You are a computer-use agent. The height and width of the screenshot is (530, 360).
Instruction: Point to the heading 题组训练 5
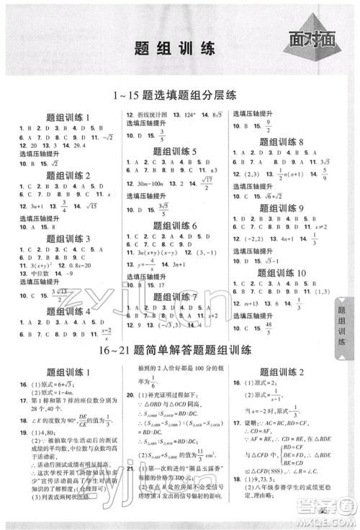pos(175,151)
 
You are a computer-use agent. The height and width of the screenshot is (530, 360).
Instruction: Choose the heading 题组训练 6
pos(175,226)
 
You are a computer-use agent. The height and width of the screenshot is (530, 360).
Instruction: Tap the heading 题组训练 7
pos(175,297)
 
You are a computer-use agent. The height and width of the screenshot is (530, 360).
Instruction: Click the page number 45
pos(322,512)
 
